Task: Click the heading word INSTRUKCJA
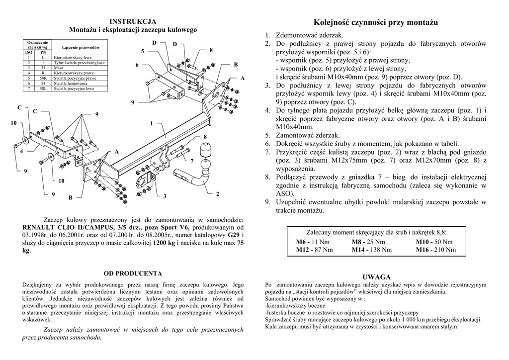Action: pyautogui.click(x=133, y=21)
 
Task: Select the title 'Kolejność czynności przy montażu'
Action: pyautogui.click(x=376, y=22)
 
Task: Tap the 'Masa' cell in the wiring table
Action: pyautogui.click(x=58, y=68)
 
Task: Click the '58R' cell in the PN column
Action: pyautogui.click(x=43, y=78)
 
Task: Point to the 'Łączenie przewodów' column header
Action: pyautogui.click(x=80, y=47)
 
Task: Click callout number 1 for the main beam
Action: pyautogui.click(x=151, y=123)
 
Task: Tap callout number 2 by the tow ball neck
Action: pyautogui.click(x=217, y=193)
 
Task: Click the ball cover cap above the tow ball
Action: pyautogui.click(x=205, y=150)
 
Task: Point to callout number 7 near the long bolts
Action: pyautogui.click(x=191, y=161)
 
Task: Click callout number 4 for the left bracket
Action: pyautogui.click(x=21, y=151)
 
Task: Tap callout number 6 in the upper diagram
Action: pyautogui.click(x=137, y=65)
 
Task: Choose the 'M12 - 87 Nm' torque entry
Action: pyautogui.click(x=314, y=250)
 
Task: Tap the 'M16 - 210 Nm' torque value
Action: pyautogui.click(x=435, y=250)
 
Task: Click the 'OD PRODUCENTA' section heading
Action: pyautogui.click(x=133, y=273)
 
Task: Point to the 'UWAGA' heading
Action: pyautogui.click(x=376, y=277)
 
